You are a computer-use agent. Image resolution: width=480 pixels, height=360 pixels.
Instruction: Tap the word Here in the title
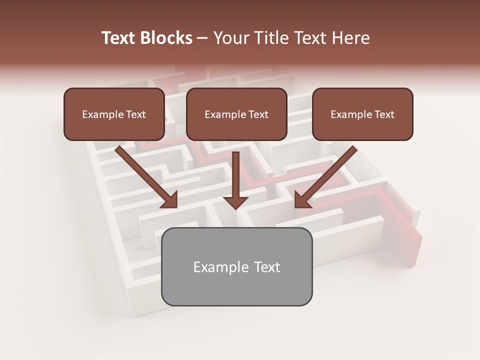349,38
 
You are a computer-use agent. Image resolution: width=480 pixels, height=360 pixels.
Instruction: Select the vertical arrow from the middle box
236,175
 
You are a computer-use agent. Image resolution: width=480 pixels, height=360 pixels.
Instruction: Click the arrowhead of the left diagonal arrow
170,200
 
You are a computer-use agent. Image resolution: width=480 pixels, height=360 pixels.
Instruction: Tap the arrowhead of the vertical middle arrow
236,202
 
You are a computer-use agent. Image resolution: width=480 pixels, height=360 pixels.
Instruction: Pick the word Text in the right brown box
384,114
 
